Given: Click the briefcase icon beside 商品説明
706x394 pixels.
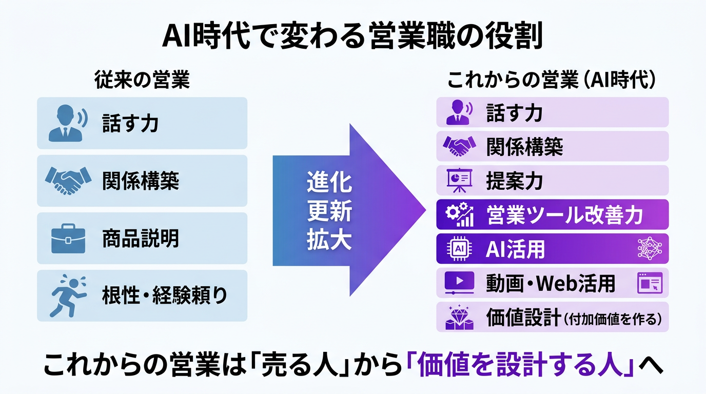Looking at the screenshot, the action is (x=68, y=239).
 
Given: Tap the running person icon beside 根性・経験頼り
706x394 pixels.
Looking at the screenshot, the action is (x=68, y=295).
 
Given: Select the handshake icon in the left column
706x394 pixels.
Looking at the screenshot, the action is (x=68, y=181).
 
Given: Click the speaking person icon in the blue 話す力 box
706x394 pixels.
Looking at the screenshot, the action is (x=68, y=123).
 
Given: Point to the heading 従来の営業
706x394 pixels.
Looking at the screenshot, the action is (x=142, y=80).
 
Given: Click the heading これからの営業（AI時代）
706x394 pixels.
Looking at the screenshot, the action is (x=552, y=80).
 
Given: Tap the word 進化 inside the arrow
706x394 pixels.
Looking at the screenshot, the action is (x=329, y=183).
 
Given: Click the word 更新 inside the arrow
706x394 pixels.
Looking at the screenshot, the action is (x=329, y=211).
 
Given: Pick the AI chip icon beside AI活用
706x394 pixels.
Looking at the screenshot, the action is (x=460, y=249).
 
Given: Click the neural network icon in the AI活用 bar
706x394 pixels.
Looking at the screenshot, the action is (x=650, y=249).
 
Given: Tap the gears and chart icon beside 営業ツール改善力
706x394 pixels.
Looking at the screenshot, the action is (x=460, y=214).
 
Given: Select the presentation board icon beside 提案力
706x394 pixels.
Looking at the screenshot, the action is (x=460, y=180).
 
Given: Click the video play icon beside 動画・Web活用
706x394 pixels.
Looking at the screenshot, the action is (x=459, y=283).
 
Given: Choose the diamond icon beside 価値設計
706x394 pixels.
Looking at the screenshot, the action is (x=460, y=318).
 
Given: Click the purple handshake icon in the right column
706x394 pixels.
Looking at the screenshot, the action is (x=459, y=146).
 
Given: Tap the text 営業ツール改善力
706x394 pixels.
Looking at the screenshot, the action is (x=564, y=215).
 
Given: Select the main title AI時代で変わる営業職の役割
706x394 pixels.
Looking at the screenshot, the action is (x=352, y=35).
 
